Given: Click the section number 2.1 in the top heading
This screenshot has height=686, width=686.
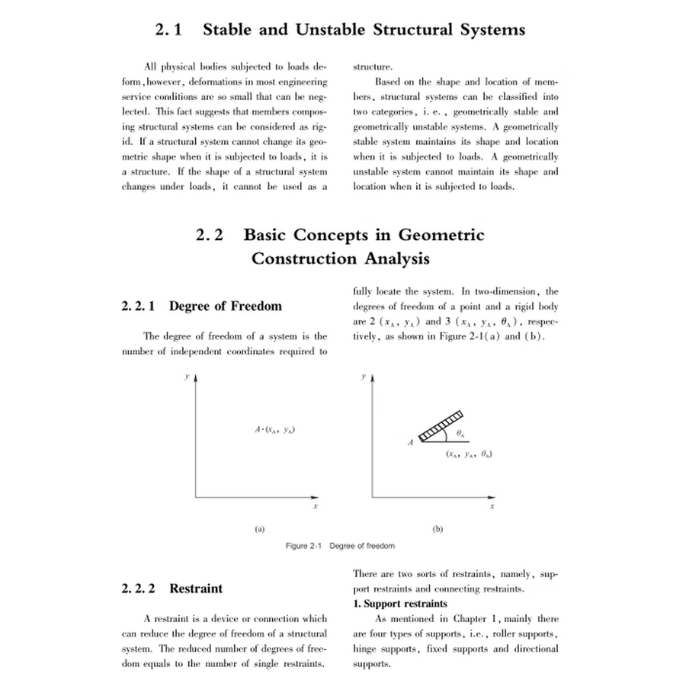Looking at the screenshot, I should coord(169,30).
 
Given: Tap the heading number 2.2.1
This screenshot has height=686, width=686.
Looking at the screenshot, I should coord(139,306).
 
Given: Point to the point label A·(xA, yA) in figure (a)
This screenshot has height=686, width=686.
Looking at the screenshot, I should coord(274,430).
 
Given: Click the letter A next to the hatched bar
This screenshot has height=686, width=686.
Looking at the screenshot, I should coord(411,442).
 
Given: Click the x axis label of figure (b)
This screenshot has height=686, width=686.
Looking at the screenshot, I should coord(492,506).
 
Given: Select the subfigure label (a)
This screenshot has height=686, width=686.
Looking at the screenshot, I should coord(259,527).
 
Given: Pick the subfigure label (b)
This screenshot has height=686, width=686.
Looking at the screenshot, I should coord(438,527).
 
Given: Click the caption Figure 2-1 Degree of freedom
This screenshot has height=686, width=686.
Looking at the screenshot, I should coord(340,546).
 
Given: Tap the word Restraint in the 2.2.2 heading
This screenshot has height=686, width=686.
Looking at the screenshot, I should coord(196,588).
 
